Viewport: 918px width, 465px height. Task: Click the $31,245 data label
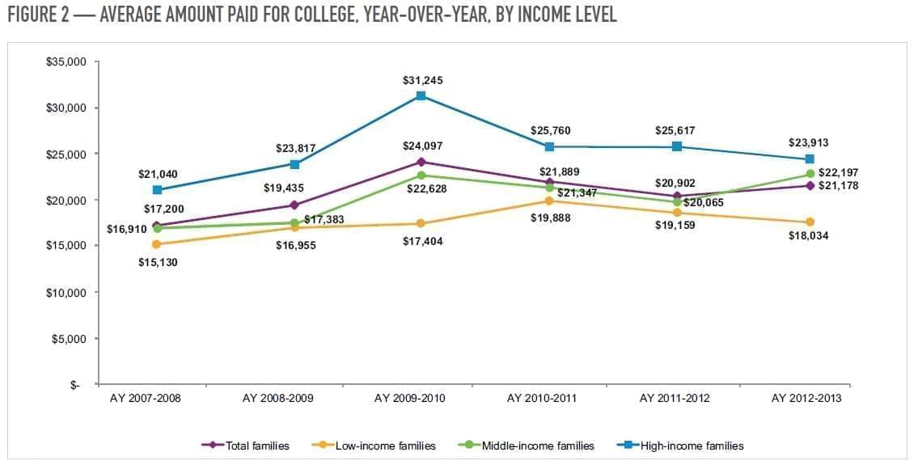click(422, 81)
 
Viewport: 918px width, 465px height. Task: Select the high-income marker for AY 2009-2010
click(421, 96)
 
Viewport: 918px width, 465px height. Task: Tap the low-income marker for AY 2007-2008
click(156, 244)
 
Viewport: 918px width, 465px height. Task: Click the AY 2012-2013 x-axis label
click(809, 399)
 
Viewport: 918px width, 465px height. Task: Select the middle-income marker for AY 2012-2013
click(810, 174)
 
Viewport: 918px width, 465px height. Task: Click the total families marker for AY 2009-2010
click(421, 162)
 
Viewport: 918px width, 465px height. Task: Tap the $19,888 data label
click(553, 216)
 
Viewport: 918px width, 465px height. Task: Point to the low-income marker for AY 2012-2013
click(810, 222)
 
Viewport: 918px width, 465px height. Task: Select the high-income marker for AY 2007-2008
click(157, 190)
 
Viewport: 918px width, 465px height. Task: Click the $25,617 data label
click(675, 130)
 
